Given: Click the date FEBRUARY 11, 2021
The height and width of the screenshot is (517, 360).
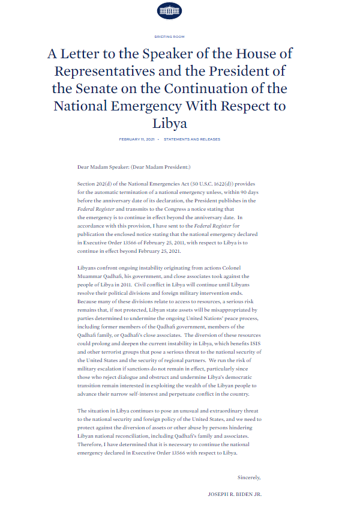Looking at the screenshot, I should (136, 139).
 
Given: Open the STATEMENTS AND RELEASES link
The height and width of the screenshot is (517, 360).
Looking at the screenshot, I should (191, 139).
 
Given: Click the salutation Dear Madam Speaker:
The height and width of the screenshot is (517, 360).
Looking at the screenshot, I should (103, 166).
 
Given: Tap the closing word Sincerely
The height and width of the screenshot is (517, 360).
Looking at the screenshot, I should (249, 477).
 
